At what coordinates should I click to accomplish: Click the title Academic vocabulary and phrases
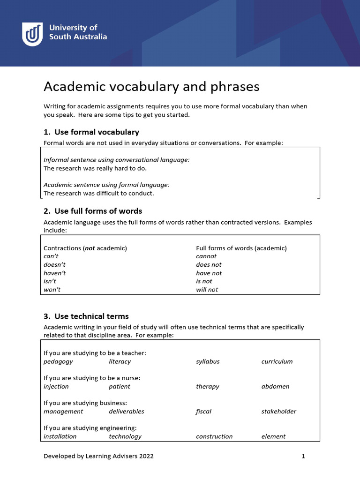coord(151,87)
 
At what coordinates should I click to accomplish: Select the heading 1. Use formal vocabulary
coord(91,132)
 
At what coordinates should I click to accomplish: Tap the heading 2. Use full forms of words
coord(93,210)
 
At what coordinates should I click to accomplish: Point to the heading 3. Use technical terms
coord(86,316)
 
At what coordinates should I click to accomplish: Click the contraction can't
coord(52,256)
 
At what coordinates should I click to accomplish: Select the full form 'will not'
coord(207,290)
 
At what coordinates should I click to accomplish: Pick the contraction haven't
coord(54,273)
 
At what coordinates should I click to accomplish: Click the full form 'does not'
coord(209,265)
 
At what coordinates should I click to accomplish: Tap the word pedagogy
coord(58,361)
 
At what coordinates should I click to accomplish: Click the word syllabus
coord(208,361)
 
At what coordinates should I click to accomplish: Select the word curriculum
coord(277,361)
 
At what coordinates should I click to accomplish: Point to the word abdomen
coord(275,387)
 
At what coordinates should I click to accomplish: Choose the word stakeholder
coord(278,412)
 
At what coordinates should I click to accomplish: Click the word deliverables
coord(127,412)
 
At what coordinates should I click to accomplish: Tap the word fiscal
coord(203,412)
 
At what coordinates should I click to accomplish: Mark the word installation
coord(60,436)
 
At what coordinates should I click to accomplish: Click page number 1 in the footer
coord(303,456)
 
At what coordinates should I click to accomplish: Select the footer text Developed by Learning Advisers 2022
coord(98,456)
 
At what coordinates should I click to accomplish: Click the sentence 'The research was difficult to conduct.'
coord(98,193)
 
